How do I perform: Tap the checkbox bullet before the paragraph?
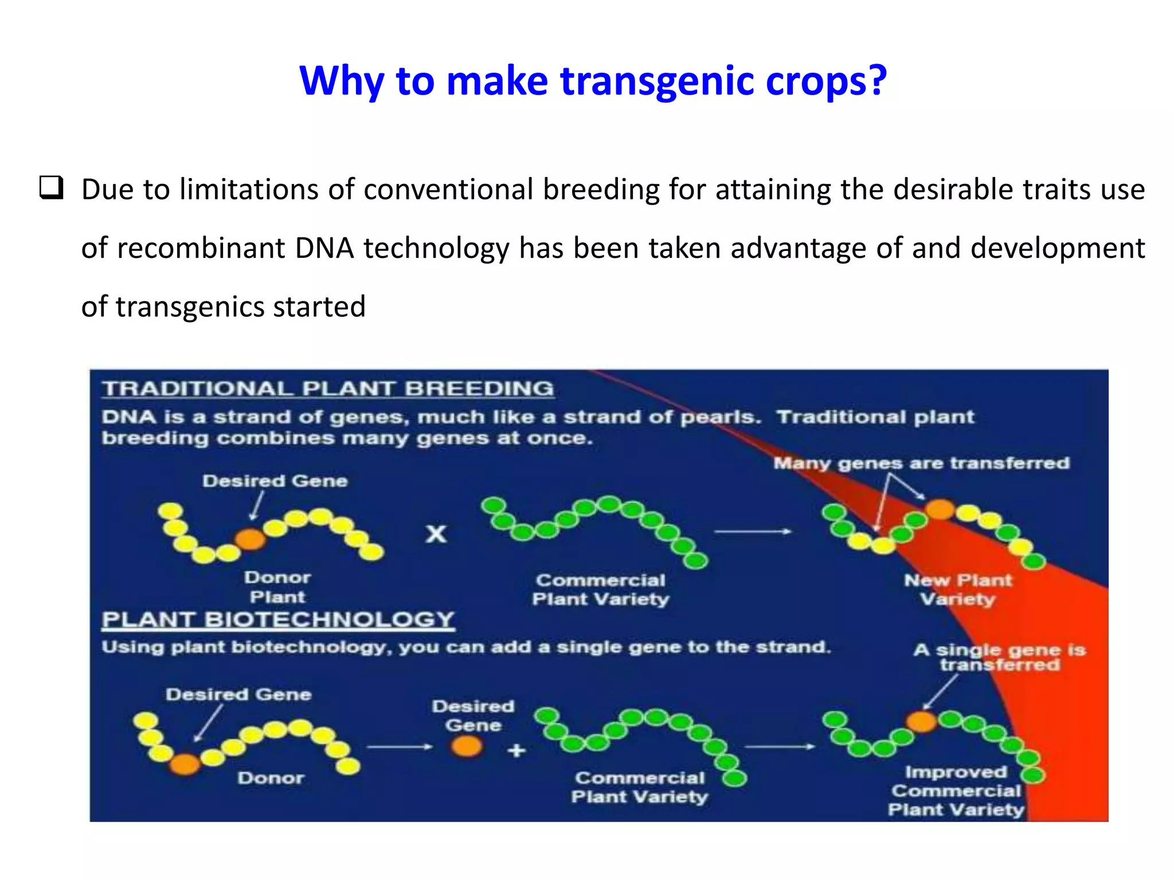coord(51,188)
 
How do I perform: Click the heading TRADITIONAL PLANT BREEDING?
coord(328,389)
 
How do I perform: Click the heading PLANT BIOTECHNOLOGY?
coord(278,620)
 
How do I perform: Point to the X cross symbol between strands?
coord(436,534)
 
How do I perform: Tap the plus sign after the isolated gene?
coord(516,750)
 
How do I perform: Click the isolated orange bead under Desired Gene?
coord(467,746)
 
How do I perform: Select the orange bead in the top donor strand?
coord(251,539)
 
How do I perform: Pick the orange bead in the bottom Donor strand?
coord(185,763)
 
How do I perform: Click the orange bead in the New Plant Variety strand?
coord(940,509)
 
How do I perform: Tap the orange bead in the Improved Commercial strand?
coord(921,721)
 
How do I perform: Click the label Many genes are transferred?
coord(921,463)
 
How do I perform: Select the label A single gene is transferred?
coord(999,657)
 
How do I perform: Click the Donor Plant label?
coord(277,587)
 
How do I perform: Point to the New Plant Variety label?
coord(958,590)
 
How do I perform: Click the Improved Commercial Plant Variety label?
coord(956,791)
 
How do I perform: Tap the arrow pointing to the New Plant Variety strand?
coord(753,532)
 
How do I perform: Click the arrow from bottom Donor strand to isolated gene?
coord(400,747)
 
